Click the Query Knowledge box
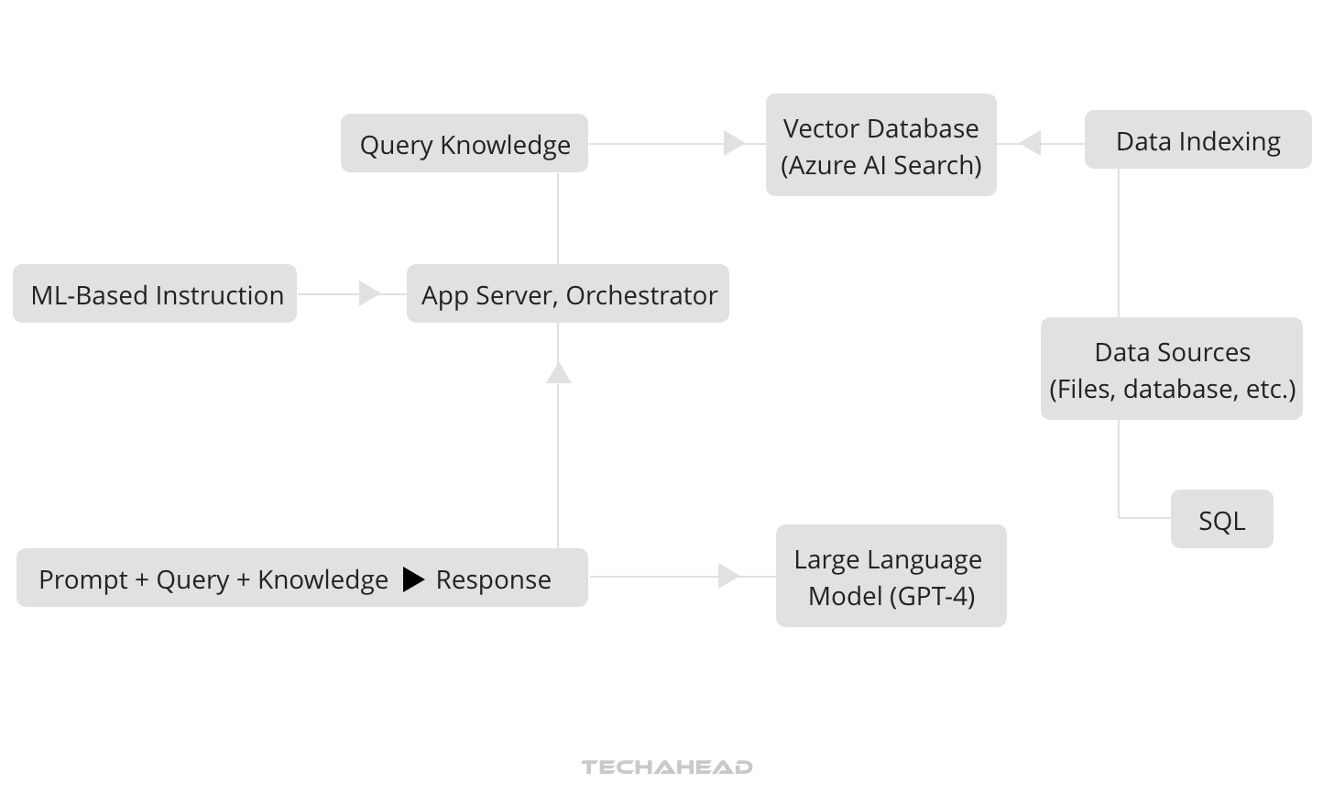tap(465, 144)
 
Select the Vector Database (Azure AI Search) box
tap(880, 145)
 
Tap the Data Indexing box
tap(1197, 140)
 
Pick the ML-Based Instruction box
tap(156, 294)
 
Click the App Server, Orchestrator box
tap(568, 294)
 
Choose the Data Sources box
tap(1172, 369)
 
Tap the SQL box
tap(1221, 520)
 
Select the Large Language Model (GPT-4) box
tap(891, 576)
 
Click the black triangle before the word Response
tap(413, 579)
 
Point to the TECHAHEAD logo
tap(667, 766)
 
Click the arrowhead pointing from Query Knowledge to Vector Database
tap(734, 143)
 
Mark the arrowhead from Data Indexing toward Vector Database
tap(1030, 143)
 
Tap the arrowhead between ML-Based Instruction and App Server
tap(370, 293)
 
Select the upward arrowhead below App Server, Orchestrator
tap(559, 372)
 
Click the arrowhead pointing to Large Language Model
tap(729, 576)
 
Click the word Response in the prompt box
tap(493, 579)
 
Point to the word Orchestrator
tap(641, 295)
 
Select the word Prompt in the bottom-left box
tap(82, 579)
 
